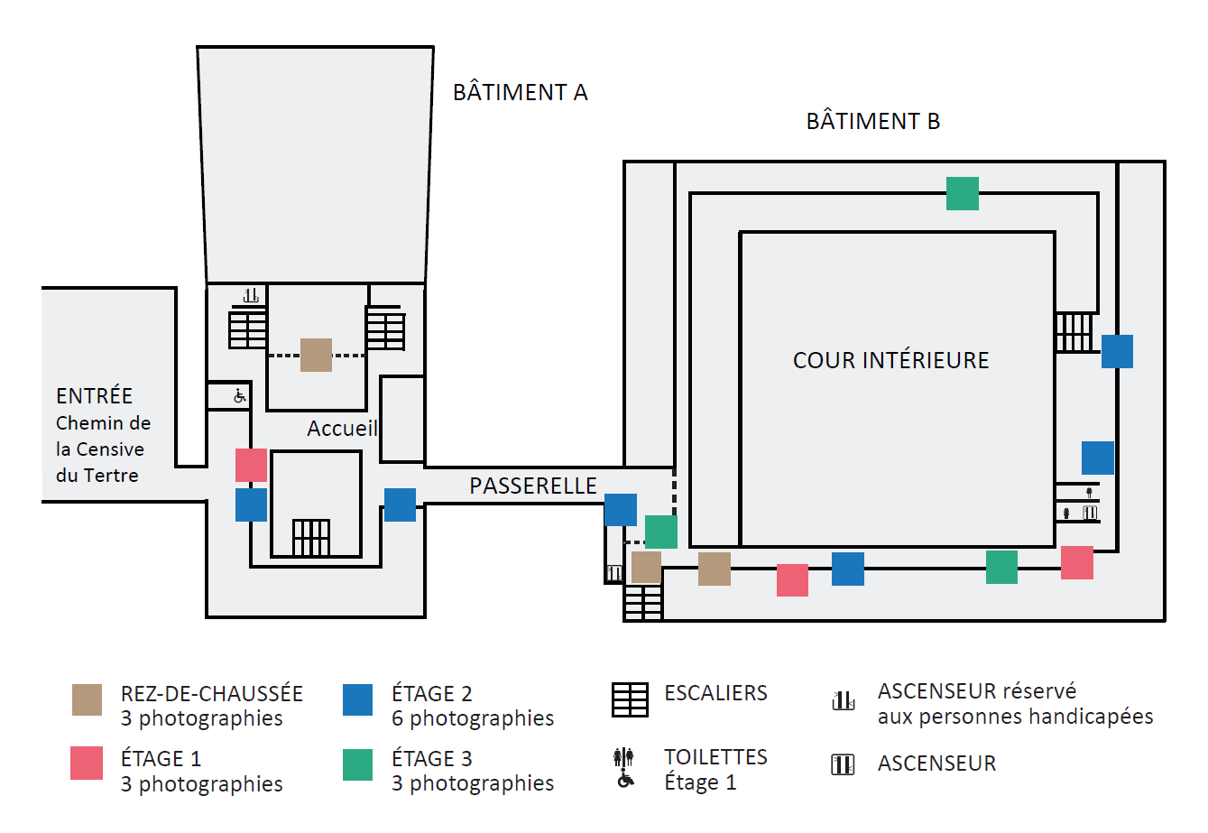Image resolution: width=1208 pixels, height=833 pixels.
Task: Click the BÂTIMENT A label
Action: point(520,92)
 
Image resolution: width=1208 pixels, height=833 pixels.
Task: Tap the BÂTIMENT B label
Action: point(872,121)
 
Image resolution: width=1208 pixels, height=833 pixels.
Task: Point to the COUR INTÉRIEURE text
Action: point(890,360)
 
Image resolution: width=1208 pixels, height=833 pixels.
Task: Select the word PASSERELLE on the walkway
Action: point(533,486)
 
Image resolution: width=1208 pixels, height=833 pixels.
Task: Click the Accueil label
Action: point(342,429)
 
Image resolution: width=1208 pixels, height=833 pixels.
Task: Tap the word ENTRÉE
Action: point(94,396)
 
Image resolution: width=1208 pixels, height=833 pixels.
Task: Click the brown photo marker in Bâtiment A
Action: point(316,355)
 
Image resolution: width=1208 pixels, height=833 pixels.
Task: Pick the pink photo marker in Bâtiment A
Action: point(251,465)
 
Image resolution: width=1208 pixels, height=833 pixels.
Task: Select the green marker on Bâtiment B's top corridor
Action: point(962,193)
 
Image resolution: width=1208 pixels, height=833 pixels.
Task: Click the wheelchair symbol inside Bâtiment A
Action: point(240,395)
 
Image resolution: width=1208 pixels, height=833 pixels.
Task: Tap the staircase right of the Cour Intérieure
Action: point(1074,332)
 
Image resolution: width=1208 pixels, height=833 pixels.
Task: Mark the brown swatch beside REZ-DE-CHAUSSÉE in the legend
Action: point(87,699)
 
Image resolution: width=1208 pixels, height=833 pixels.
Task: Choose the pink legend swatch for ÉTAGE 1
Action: point(87,763)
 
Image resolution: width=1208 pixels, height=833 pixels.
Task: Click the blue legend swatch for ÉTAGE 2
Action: point(357,699)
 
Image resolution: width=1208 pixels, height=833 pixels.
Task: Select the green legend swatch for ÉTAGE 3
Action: point(357,764)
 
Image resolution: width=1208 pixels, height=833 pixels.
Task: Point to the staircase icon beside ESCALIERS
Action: point(630,699)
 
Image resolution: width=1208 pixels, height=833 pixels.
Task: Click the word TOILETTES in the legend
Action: point(715,757)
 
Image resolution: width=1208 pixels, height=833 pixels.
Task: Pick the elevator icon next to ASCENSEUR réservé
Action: point(844,700)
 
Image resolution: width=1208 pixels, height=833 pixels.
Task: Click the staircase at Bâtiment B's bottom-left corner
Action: point(643,603)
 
